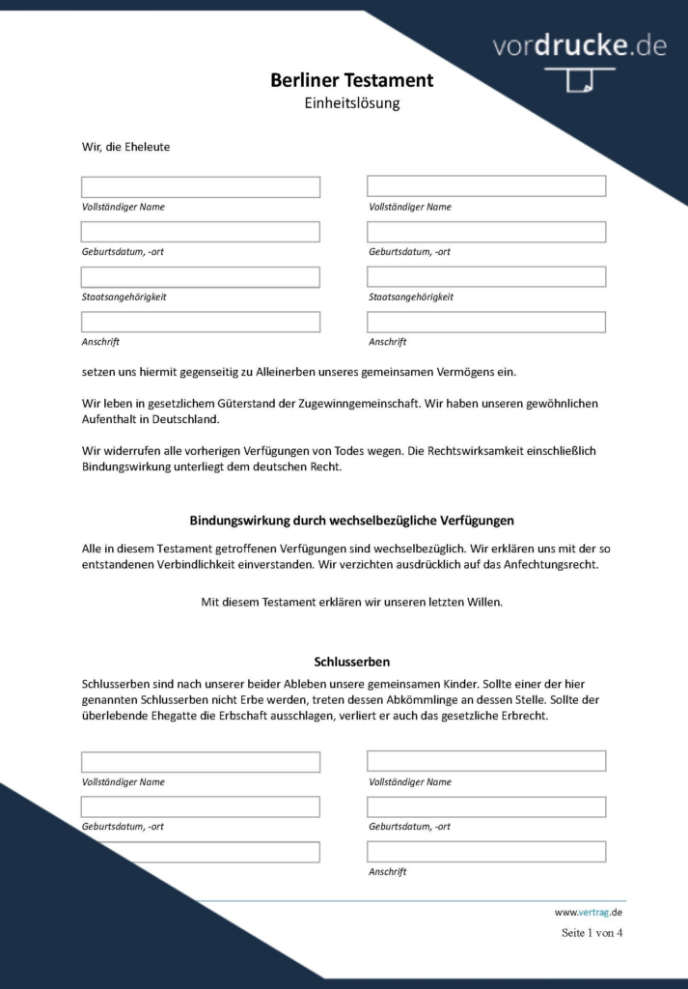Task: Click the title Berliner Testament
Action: click(351, 80)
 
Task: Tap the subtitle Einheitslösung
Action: click(351, 102)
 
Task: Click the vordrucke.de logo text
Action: click(579, 45)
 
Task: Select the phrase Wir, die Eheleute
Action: click(126, 147)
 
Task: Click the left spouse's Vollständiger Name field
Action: click(201, 186)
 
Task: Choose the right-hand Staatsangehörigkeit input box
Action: click(486, 277)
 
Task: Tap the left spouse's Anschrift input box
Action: click(201, 322)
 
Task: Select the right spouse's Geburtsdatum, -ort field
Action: click(486, 232)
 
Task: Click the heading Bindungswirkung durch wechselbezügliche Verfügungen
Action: click(351, 521)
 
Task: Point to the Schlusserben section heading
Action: click(351, 662)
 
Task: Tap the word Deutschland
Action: click(185, 419)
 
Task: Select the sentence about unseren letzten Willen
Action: click(351, 602)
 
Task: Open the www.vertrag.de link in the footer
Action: click(588, 912)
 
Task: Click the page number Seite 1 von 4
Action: click(592, 933)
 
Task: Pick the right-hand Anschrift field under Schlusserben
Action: click(486, 852)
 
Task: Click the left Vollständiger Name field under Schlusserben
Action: click(201, 762)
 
